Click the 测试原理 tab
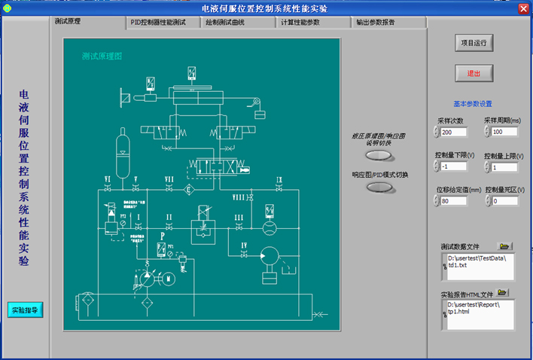[68, 21]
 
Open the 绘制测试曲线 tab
[230, 23]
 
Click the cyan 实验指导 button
[26, 310]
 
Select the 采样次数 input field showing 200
[455, 133]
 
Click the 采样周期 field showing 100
[504, 133]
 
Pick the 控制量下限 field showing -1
[455, 167]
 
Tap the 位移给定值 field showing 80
[455, 201]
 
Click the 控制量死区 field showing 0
[504, 201]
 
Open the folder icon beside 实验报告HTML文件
[502, 292]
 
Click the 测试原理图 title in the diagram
[102, 56]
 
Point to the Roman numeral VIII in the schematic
[239, 197]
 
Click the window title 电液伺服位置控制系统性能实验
[265, 8]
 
